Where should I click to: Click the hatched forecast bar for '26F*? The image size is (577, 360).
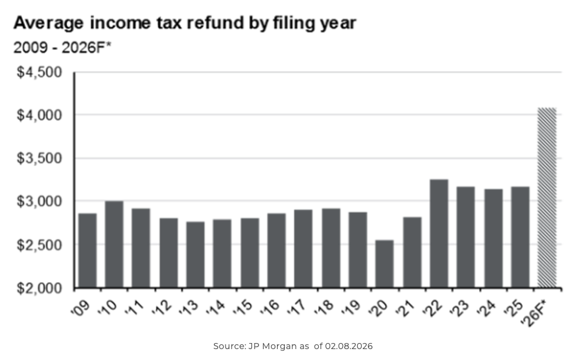click(547, 198)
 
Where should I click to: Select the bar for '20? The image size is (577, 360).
click(384, 264)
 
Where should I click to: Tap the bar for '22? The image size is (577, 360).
click(439, 233)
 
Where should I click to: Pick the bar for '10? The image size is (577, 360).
click(114, 244)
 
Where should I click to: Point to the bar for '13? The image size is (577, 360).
click(195, 255)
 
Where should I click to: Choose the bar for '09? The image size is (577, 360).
click(87, 250)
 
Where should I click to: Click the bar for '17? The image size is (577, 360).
click(304, 248)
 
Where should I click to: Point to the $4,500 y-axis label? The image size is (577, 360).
click(40, 73)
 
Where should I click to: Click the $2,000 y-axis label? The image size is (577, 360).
click(40, 288)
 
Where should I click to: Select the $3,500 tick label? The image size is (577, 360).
click(40, 159)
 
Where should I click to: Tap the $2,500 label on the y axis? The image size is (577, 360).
click(40, 245)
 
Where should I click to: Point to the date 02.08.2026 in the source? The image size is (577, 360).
click(348, 346)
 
